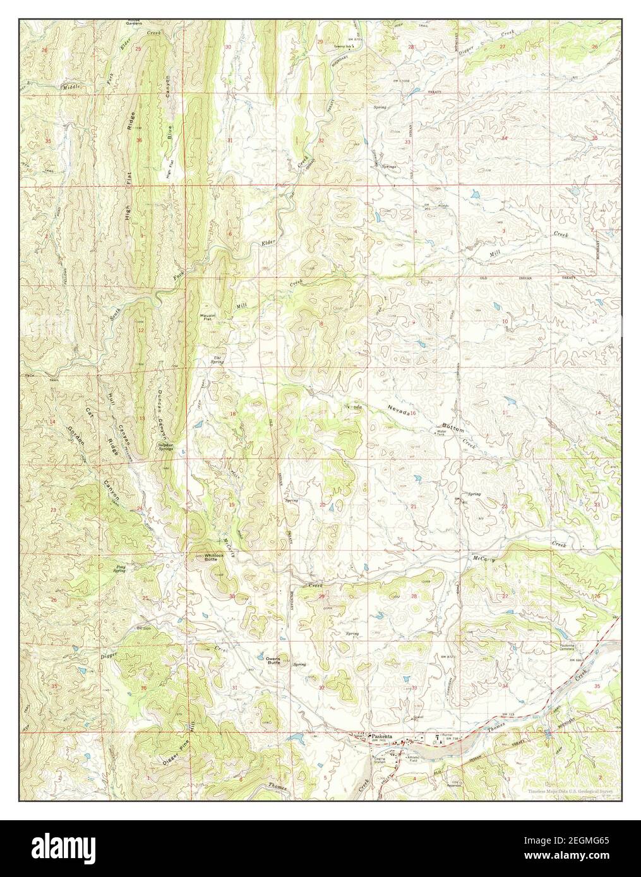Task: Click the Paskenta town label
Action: pos(382,736)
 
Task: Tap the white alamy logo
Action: pos(67,847)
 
